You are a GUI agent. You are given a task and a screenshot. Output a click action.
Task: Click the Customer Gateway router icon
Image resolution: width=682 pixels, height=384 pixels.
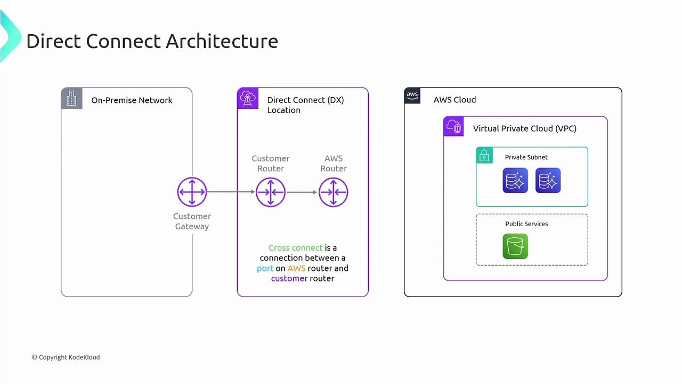click(192, 192)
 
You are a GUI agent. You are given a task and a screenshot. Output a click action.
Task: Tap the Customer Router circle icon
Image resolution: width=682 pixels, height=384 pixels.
click(271, 192)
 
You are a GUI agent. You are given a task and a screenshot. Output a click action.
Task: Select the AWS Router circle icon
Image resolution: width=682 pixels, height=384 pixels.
click(334, 192)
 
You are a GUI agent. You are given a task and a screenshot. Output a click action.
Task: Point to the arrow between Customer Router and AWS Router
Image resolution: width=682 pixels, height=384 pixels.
click(302, 192)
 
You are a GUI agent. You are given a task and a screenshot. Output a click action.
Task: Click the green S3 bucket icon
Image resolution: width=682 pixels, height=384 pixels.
click(515, 246)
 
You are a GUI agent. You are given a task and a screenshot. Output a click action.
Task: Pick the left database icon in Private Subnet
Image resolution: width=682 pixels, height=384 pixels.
click(515, 180)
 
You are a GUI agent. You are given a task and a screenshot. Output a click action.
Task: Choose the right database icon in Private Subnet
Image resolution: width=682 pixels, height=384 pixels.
click(548, 180)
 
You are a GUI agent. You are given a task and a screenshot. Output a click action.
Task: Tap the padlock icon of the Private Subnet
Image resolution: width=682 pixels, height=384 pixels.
click(484, 155)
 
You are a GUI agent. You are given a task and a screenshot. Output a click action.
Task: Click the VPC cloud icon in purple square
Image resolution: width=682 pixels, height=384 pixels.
click(453, 127)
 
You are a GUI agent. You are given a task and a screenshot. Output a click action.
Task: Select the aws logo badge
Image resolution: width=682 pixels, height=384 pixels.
click(412, 95)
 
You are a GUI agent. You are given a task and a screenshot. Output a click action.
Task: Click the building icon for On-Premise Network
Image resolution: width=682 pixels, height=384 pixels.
click(71, 98)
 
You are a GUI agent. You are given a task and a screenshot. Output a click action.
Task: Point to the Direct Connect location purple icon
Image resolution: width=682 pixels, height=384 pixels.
click(248, 98)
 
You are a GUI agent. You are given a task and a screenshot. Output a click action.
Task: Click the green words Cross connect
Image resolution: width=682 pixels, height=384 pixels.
click(295, 248)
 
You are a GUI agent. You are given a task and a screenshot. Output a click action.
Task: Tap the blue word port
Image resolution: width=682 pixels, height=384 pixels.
click(265, 268)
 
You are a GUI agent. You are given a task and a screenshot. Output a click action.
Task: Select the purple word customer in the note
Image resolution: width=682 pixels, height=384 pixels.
click(289, 278)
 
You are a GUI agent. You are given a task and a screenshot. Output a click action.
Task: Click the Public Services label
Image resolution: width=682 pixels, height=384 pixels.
click(526, 224)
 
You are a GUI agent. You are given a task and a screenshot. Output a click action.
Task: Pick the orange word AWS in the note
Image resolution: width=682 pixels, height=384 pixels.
click(296, 268)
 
